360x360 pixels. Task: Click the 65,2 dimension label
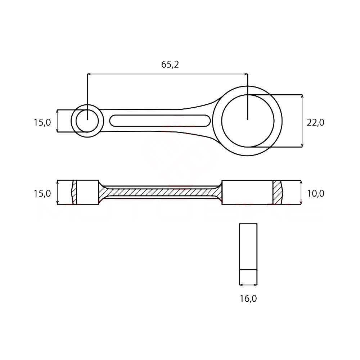[x=170, y=64]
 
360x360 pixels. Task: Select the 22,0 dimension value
[x=315, y=122]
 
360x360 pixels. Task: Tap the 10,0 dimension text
[x=315, y=194]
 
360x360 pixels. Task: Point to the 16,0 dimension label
[x=248, y=298]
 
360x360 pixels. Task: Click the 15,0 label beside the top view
[x=42, y=122]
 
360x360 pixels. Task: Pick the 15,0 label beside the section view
[x=42, y=194]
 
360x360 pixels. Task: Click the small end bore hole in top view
[x=87, y=121]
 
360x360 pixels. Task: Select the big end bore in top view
[x=247, y=121]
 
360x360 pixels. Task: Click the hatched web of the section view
[x=160, y=192]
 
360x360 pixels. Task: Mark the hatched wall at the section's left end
[x=74, y=192]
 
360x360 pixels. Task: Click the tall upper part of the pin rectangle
[x=248, y=246]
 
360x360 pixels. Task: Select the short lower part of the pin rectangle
[x=248, y=277]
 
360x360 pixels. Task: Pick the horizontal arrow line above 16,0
[x=248, y=285]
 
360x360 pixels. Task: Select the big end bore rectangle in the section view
[x=247, y=192]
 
